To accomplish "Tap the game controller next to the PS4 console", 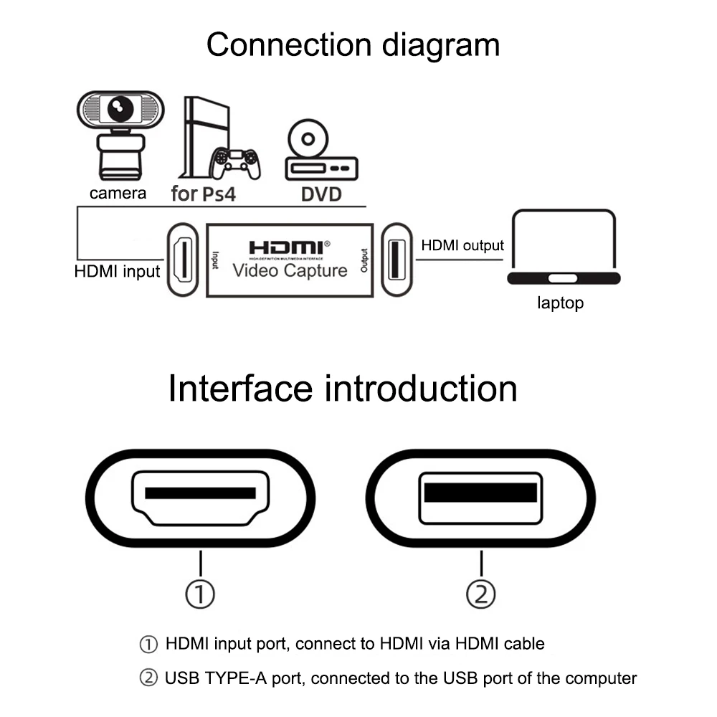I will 236,163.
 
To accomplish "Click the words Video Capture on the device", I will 289,270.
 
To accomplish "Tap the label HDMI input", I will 117,272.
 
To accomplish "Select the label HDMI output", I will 462,245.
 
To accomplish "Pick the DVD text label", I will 320,194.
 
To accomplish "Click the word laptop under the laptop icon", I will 561,303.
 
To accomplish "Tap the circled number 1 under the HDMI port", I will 201,593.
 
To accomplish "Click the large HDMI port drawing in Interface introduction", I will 201,499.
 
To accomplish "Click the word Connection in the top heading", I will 287,44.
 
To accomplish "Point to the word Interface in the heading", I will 239,389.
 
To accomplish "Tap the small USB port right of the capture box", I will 395,260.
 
